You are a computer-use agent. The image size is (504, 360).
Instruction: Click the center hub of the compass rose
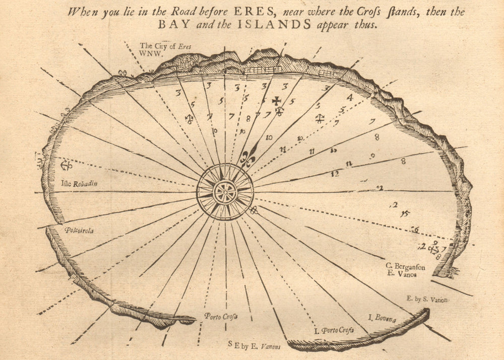click(x=225, y=192)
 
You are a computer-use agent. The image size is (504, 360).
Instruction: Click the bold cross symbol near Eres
click(x=277, y=100)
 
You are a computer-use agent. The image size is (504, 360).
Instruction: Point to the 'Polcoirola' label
click(x=79, y=230)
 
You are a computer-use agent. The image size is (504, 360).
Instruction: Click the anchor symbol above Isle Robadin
click(x=66, y=164)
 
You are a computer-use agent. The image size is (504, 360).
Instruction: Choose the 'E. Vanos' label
click(x=398, y=274)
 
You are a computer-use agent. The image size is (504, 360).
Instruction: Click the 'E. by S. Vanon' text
click(x=426, y=299)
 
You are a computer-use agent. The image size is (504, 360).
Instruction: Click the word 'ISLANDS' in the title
click(x=285, y=25)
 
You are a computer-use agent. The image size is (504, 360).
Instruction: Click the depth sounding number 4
click(x=349, y=97)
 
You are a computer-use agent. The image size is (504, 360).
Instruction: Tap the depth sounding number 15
click(x=405, y=214)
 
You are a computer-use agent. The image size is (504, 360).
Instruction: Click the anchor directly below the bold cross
click(x=279, y=110)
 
